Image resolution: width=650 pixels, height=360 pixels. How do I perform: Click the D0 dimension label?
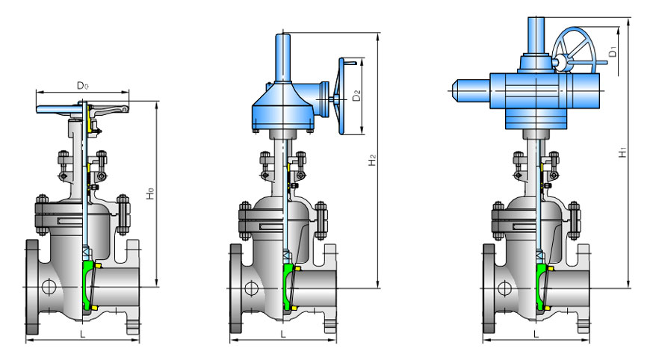82,86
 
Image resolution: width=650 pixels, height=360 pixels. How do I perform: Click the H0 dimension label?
151,193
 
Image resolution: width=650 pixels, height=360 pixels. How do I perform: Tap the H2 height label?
372,160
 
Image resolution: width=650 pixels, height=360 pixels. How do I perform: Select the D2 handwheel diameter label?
356,96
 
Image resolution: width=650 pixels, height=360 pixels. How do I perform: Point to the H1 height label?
622,152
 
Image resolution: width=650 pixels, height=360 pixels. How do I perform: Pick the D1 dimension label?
613,52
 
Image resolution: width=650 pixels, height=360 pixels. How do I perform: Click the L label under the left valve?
83,334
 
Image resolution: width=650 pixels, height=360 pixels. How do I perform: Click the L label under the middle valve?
284,334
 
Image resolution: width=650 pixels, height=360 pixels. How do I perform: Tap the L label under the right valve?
537,334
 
